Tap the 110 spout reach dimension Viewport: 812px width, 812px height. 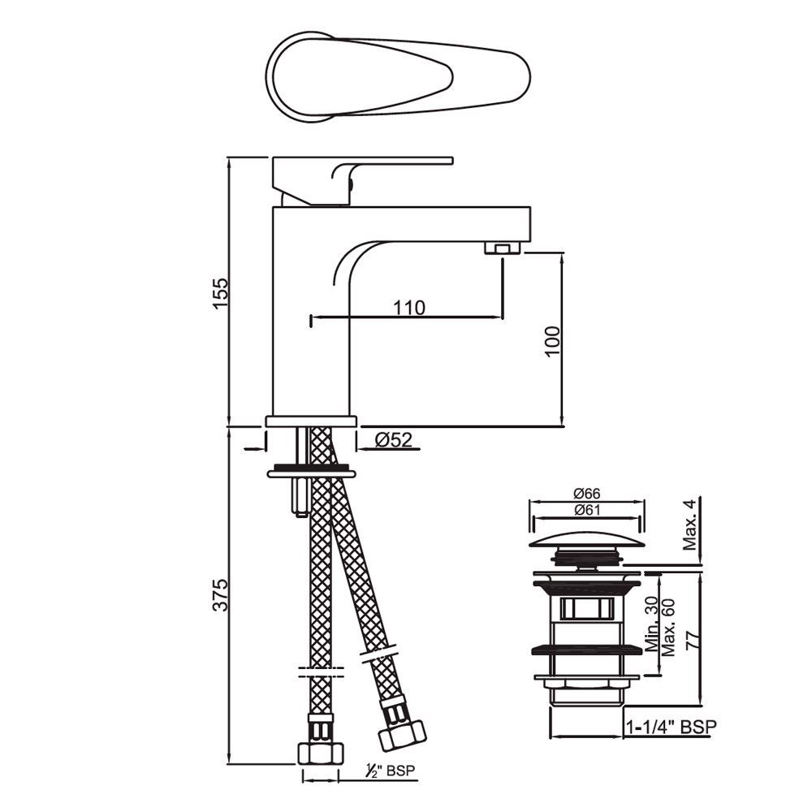[409, 308]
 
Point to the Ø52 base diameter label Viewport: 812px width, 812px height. [394, 440]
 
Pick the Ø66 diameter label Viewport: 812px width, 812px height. [586, 494]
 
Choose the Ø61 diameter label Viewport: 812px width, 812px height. [586, 510]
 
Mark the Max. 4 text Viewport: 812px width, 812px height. [690, 525]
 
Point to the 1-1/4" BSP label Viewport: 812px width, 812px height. [671, 728]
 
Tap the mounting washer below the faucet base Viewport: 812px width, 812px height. [311, 470]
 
